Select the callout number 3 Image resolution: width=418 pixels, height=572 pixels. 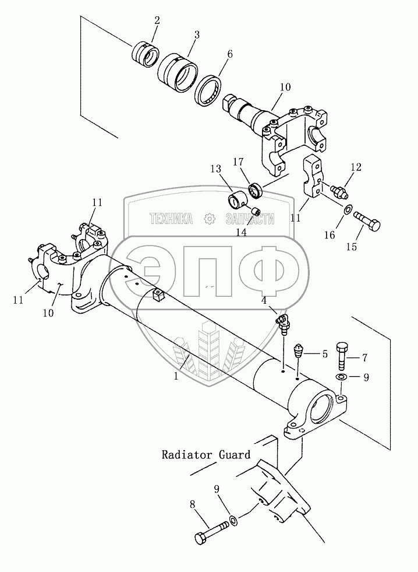tap(196, 34)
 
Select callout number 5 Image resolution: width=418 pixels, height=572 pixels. tap(325, 353)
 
